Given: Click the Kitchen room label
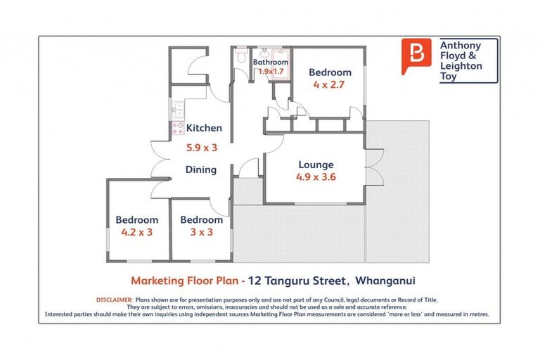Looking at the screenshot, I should [204, 128].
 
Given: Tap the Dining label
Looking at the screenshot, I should [200, 169].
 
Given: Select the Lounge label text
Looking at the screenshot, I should [315, 165].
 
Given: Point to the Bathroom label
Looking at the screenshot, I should [271, 62].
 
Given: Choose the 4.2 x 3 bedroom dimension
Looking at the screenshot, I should [136, 233].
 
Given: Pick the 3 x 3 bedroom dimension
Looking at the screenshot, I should [201, 233].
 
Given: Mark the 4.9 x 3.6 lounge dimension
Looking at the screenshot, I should [316, 177].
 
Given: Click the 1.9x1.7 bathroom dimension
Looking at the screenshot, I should [271, 72].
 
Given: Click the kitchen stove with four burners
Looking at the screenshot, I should [176, 128].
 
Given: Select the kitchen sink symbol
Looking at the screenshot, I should [176, 109].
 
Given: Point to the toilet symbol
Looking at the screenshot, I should [240, 54].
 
